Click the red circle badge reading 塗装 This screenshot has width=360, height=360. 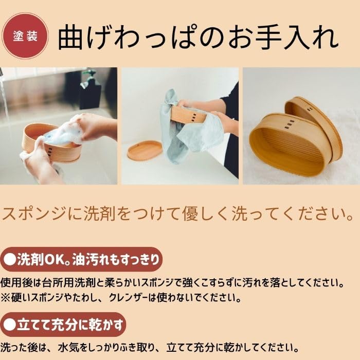25,37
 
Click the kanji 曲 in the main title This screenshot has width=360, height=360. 70,37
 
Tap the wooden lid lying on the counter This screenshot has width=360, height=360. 145,151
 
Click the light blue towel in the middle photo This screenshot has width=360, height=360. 184,129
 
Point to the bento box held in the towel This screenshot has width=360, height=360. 189,114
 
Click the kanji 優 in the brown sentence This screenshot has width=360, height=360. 190,213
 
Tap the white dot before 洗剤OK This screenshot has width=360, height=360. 10,259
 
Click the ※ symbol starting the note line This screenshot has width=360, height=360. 5,298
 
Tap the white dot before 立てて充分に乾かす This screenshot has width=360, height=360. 10,325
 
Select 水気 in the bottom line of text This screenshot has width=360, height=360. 69,348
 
